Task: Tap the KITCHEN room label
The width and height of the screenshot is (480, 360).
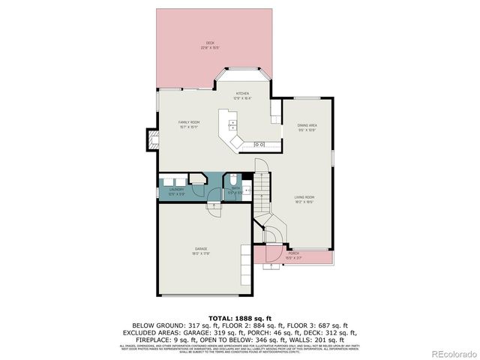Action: pyautogui.click(x=242, y=95)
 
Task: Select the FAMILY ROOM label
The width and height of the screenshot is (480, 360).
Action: pyautogui.click(x=188, y=124)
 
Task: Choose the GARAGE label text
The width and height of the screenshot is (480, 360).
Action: pyautogui.click(x=201, y=250)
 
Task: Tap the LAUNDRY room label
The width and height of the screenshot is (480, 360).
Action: pyautogui.click(x=177, y=191)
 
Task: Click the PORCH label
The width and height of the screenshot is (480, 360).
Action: pyautogui.click(x=293, y=255)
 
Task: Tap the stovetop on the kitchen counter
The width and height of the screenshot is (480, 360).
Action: pyautogui.click(x=259, y=143)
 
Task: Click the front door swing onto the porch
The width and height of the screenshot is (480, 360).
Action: pyautogui.click(x=274, y=237)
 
